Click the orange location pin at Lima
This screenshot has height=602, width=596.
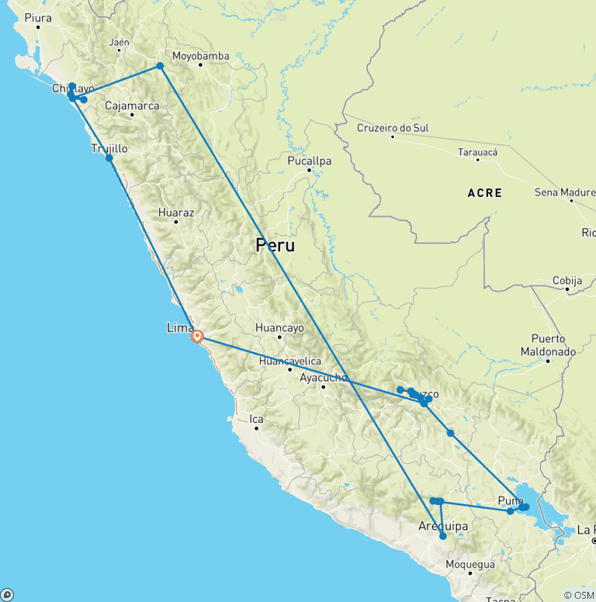point(197,337)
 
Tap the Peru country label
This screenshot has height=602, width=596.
point(275,246)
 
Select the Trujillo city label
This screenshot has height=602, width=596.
point(109,148)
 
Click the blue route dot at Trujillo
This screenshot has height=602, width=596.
point(109,158)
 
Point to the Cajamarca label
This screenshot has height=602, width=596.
point(132,106)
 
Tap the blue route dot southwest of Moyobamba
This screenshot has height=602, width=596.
point(160,66)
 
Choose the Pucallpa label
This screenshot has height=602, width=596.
point(310,161)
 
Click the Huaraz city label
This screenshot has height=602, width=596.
point(175,212)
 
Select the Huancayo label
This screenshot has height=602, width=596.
point(279,328)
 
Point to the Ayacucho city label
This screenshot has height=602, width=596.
point(323,378)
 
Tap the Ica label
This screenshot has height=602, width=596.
point(256,419)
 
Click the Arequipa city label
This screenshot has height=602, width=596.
point(443,527)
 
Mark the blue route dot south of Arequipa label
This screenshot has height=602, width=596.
point(443,536)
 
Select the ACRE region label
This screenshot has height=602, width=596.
point(484,192)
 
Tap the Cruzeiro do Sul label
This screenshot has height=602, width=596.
point(393,128)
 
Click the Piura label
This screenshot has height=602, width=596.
point(37,17)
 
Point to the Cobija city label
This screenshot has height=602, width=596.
point(567,281)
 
